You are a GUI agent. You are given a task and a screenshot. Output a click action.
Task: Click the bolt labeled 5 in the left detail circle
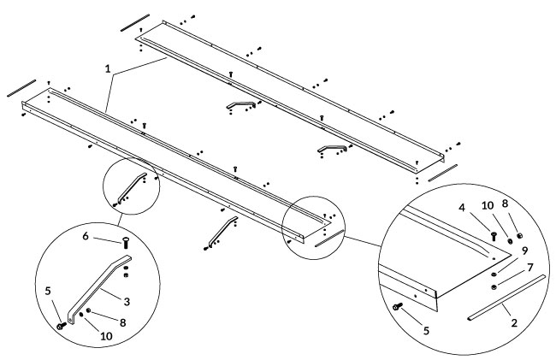pos(62,325)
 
